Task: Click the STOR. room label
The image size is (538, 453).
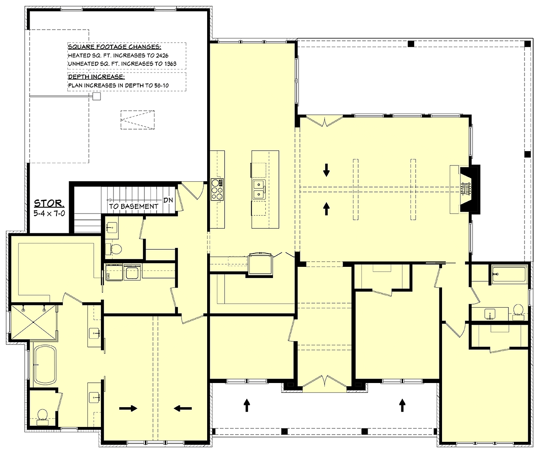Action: (49, 204)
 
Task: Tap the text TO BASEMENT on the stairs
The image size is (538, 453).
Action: (134, 206)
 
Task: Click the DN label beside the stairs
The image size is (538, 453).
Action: (168, 200)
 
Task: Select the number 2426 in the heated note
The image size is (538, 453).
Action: (162, 56)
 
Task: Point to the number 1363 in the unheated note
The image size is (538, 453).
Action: (170, 64)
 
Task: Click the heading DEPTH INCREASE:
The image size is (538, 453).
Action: (96, 77)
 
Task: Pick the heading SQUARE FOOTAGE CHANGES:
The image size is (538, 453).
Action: (115, 47)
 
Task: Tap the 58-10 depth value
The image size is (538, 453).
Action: (161, 85)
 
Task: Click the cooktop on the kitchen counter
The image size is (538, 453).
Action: (217, 190)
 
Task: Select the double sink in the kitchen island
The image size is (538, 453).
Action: (259, 190)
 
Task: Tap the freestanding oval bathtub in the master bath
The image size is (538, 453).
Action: (45, 365)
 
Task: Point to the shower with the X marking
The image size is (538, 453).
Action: (34, 322)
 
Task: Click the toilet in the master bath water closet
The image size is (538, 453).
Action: (42, 418)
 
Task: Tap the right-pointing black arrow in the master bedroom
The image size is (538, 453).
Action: (128, 408)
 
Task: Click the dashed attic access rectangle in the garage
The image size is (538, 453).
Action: (138, 120)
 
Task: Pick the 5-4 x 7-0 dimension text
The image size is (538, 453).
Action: (49, 213)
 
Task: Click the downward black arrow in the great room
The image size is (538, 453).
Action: (326, 170)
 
